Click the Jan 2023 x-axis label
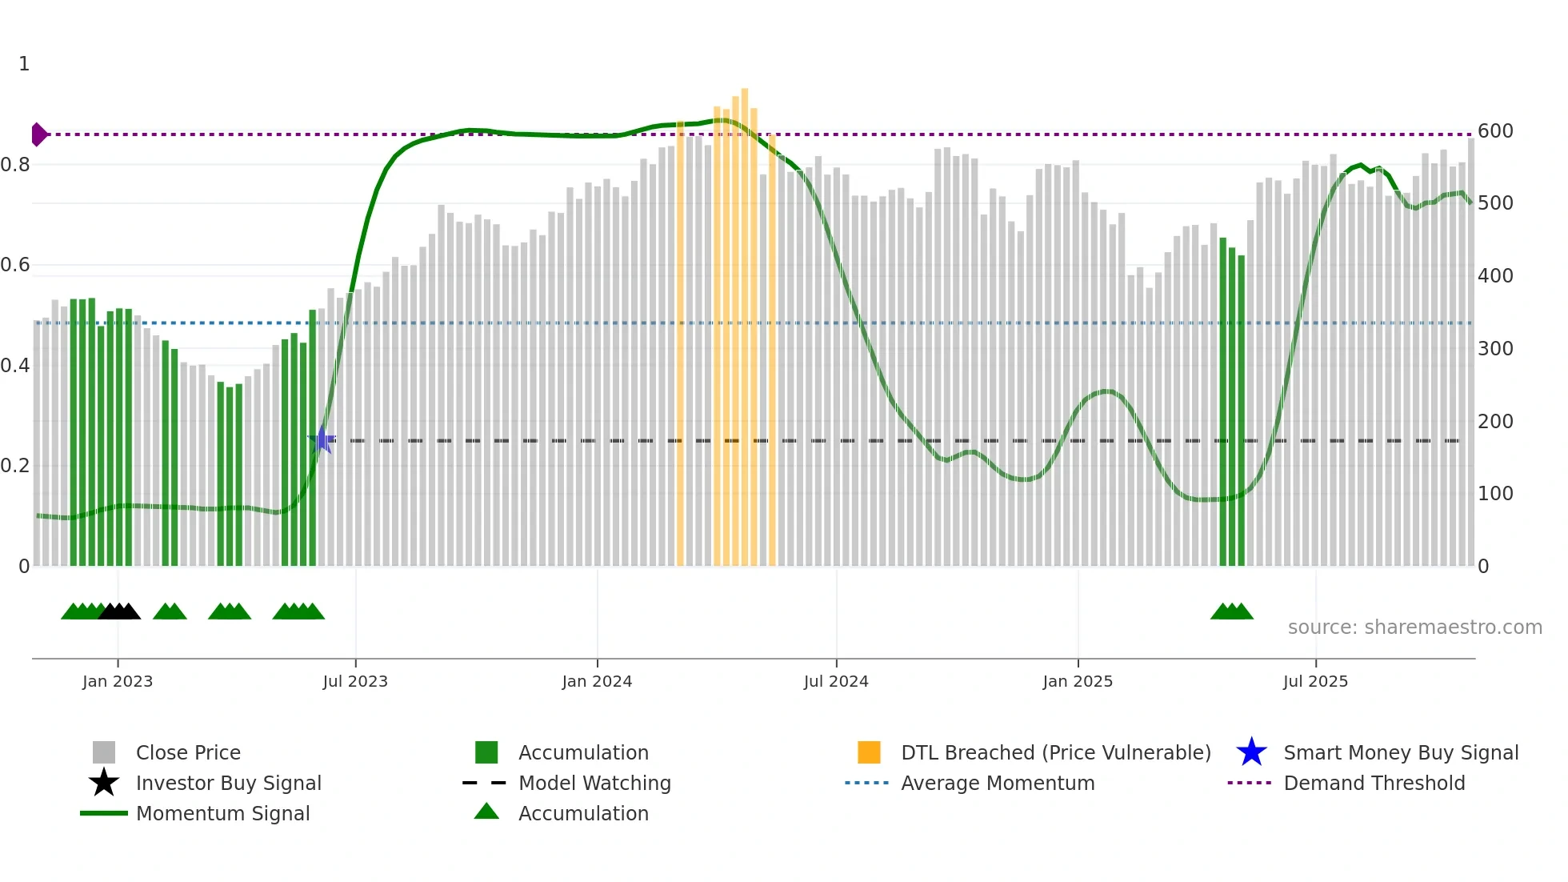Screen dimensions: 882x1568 [118, 681]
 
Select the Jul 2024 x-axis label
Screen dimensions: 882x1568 [836, 681]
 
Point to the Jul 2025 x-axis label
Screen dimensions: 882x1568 [1315, 681]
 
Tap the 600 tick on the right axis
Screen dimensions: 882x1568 [1495, 131]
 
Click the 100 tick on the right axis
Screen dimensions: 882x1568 [1495, 494]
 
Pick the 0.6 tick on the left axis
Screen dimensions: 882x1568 [15, 265]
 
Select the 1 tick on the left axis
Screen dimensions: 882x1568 [24, 64]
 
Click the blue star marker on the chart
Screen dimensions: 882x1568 [322, 439]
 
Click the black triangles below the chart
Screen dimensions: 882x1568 [119, 611]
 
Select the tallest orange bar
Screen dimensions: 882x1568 [745, 320]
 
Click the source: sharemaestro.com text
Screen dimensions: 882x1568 [1414, 627]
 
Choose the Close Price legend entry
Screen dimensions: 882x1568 [188, 752]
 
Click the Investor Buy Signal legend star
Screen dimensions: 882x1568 [104, 783]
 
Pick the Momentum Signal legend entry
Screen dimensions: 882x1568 [222, 813]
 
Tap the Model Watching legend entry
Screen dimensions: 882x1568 [594, 783]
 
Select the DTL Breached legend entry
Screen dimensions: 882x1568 [1055, 752]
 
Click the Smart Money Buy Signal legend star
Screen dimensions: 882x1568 [1251, 752]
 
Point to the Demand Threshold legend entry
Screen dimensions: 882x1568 [1374, 783]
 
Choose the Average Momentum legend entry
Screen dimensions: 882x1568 [997, 783]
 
